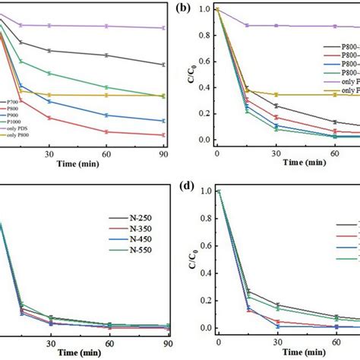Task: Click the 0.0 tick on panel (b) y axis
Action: (x=205, y=140)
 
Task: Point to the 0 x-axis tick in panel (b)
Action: (x=217, y=154)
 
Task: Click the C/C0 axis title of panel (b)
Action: (x=191, y=74)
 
